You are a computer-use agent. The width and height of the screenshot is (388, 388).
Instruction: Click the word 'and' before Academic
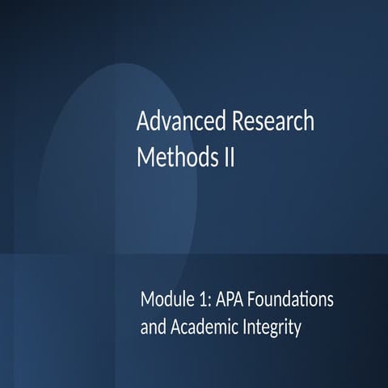[150, 328]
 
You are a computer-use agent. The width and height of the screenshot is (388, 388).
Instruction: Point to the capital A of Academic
[171, 328]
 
